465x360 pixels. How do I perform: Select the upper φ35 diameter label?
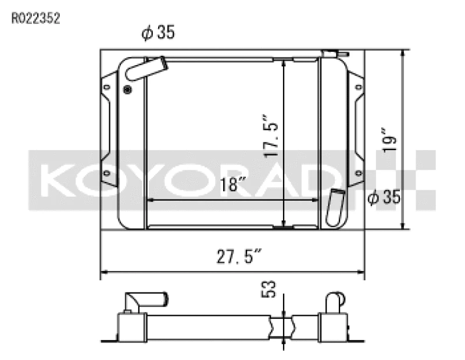point(158,34)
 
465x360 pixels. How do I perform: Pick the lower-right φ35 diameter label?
point(384,198)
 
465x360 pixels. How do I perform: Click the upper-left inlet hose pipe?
point(145,68)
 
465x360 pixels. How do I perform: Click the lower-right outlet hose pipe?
point(336,208)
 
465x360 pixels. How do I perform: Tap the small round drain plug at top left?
point(128,89)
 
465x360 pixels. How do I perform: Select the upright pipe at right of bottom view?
point(335,302)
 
